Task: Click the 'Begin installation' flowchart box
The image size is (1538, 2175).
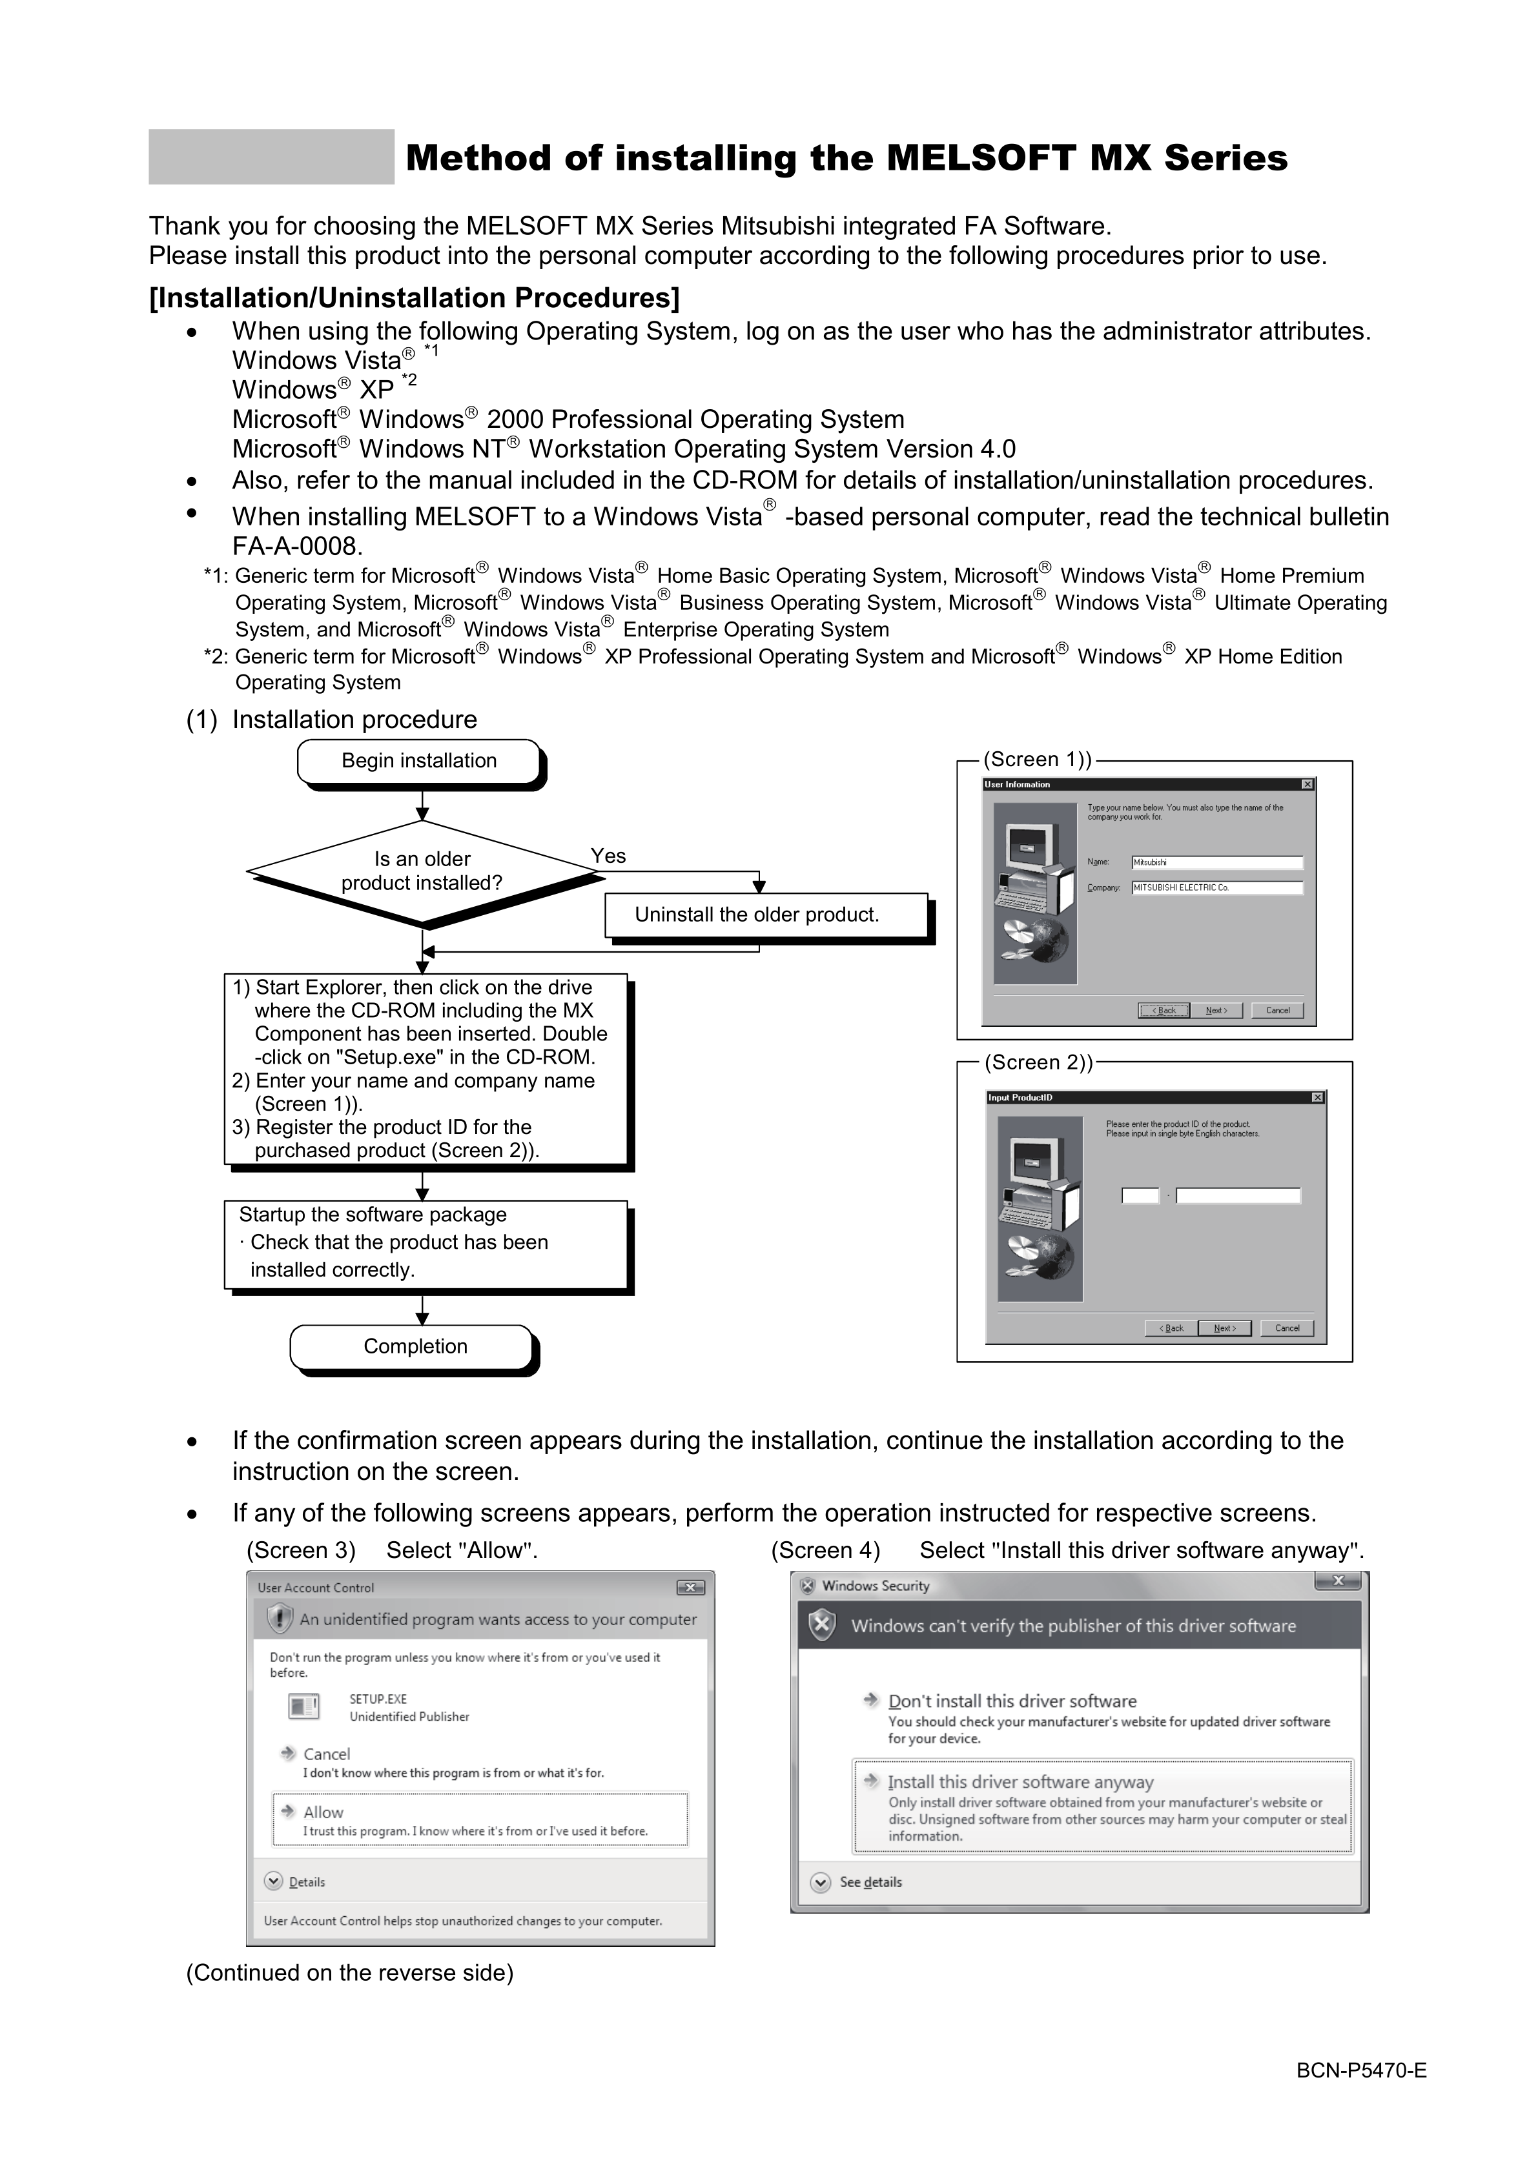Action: pos(419,762)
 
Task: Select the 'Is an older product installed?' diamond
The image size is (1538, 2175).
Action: pos(422,871)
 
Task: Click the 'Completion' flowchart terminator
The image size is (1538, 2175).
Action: pos(413,1346)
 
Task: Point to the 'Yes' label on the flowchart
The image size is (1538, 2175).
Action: pos(608,856)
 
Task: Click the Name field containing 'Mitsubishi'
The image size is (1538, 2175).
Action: pos(1216,862)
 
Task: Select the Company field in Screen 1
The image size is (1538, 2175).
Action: pos(1216,887)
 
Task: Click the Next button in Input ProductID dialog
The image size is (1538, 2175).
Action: pos(1224,1328)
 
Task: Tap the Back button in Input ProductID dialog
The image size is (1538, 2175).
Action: pos(1171,1328)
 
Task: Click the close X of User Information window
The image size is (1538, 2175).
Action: pos(1307,784)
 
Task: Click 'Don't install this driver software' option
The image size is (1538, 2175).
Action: pos(1011,1701)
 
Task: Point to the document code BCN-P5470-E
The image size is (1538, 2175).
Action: pos(1361,2096)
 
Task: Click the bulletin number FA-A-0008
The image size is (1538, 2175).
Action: pos(296,547)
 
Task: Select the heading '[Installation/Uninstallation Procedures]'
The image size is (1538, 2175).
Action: pos(414,298)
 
